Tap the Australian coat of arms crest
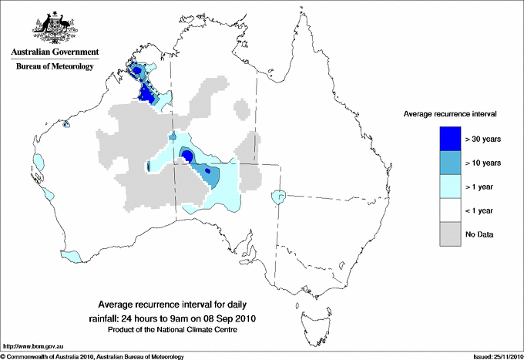[53, 29]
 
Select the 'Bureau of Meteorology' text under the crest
[54, 66]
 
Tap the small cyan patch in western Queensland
[277, 198]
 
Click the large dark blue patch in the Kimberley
[145, 93]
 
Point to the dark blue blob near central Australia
[186, 156]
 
